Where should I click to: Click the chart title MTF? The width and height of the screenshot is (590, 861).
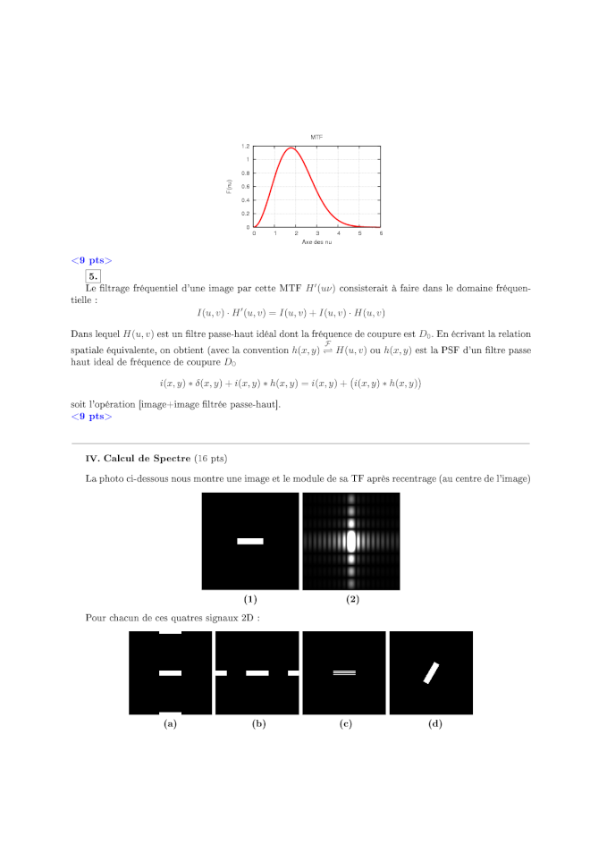click(316, 137)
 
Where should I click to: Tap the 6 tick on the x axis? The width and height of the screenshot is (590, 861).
click(380, 232)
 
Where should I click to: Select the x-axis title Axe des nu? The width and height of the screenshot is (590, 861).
click(316, 241)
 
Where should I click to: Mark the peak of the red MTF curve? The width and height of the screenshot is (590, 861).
click(290, 148)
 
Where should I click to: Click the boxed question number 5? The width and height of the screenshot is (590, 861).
click(93, 276)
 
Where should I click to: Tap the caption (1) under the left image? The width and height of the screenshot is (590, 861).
click(250, 599)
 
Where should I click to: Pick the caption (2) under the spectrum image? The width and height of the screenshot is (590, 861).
click(351, 599)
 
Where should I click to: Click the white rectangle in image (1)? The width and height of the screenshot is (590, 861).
click(250, 541)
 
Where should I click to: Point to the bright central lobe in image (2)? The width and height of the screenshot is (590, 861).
click(350, 541)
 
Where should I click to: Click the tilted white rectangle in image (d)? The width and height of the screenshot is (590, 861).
click(432, 672)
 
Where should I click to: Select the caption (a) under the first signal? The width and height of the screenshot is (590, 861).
click(170, 724)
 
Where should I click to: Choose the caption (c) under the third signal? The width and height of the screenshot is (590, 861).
click(345, 724)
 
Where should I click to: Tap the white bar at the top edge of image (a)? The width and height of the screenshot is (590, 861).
click(170, 633)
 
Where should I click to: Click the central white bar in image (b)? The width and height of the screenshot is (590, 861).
click(257, 672)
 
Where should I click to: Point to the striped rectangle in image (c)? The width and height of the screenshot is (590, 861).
click(344, 672)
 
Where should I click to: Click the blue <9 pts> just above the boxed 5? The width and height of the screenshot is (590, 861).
click(91, 260)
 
